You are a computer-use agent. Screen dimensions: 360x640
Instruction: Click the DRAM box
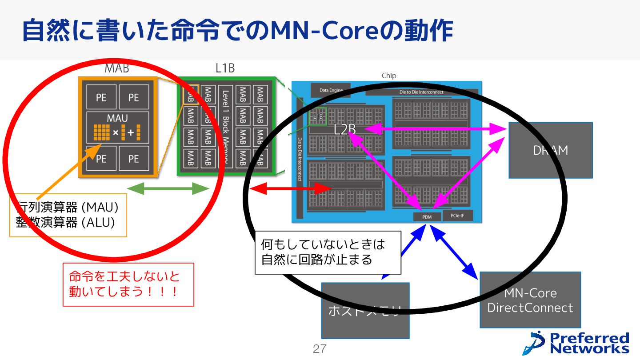coord(550,150)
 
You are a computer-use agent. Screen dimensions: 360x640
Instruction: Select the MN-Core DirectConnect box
coord(530,300)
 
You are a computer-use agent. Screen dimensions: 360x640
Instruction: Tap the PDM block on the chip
coord(427,217)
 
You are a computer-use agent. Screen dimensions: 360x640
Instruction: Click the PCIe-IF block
coord(457,216)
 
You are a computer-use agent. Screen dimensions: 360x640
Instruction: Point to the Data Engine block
coord(331,90)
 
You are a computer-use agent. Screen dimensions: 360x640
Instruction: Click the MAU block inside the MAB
coord(117,127)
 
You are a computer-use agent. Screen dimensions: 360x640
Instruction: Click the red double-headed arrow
coord(290,189)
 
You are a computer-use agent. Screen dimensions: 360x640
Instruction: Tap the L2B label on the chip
coord(345,129)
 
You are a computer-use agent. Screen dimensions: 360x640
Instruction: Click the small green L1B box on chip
coord(318,116)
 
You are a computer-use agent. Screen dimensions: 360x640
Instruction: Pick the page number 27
coord(319,349)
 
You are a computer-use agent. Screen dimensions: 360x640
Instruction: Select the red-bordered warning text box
coord(128,284)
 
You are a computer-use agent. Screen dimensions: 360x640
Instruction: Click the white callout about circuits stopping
coord(328,252)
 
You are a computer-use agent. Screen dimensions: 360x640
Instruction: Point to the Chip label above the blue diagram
coord(388,76)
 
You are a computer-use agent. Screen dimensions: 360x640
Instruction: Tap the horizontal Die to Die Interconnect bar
coord(421,92)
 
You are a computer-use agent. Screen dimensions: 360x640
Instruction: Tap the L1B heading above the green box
coord(225,68)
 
